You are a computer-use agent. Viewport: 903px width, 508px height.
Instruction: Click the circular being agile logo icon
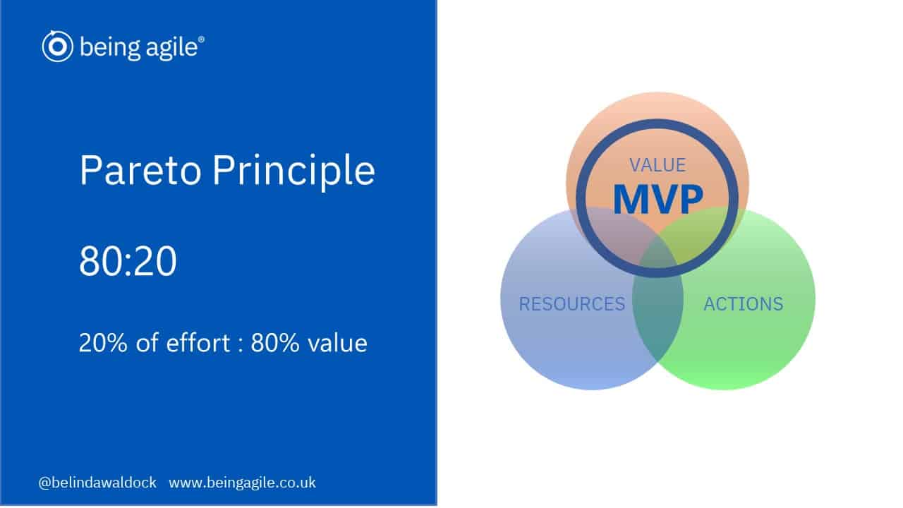(x=58, y=47)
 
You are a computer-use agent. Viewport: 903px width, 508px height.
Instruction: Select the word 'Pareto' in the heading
(x=140, y=170)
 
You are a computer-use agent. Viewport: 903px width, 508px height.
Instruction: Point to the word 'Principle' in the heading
(x=294, y=171)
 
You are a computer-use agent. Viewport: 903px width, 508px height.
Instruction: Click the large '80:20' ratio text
(x=128, y=261)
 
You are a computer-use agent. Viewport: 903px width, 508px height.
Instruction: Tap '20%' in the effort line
(x=103, y=343)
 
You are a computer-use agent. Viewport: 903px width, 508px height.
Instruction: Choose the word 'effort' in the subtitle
(x=198, y=343)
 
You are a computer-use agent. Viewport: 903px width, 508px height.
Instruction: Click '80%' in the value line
(x=275, y=343)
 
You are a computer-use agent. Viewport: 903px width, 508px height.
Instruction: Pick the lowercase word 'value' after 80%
(x=337, y=343)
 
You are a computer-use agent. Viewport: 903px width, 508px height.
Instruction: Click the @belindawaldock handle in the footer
(x=97, y=483)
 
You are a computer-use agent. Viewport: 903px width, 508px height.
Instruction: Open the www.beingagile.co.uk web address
(x=242, y=483)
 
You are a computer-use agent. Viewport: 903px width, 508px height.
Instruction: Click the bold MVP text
(x=658, y=199)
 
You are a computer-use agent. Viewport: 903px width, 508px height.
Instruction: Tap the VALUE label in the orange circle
(x=657, y=165)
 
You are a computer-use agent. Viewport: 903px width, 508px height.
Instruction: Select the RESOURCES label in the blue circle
(x=572, y=304)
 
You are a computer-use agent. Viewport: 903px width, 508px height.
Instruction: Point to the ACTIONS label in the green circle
(x=744, y=304)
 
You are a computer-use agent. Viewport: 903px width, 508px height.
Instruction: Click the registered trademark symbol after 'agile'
(x=201, y=39)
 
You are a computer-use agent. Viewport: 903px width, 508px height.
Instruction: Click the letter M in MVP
(x=630, y=199)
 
